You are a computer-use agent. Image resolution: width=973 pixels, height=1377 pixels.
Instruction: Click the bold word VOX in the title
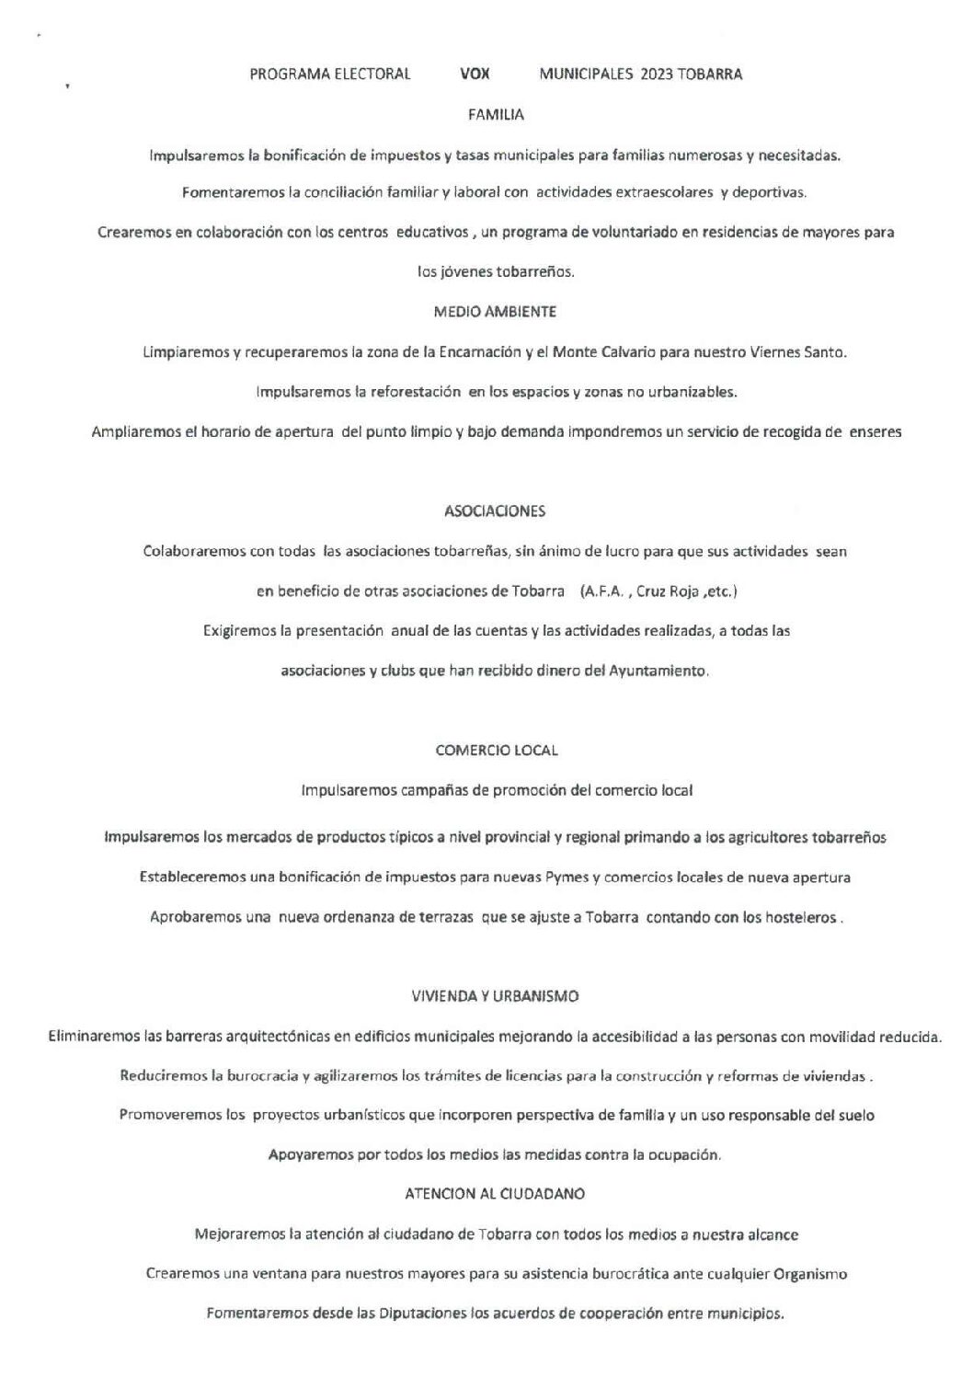tap(474, 75)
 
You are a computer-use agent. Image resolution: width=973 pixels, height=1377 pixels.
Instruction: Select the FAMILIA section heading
tap(496, 115)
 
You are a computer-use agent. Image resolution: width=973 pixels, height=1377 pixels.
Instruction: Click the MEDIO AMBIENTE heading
tap(495, 312)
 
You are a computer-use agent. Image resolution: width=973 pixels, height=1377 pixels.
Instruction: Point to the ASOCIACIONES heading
tap(495, 511)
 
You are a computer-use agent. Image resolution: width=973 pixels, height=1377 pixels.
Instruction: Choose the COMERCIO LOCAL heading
tap(496, 751)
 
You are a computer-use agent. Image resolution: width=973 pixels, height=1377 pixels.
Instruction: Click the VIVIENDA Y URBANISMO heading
tap(495, 996)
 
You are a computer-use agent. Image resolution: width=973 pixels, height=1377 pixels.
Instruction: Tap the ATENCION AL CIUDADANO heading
tap(495, 1194)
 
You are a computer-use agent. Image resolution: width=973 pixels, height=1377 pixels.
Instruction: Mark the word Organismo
tap(810, 1274)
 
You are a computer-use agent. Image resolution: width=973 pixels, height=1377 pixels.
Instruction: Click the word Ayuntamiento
tap(658, 671)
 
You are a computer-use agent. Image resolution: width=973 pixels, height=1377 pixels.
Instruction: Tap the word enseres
tap(876, 431)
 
